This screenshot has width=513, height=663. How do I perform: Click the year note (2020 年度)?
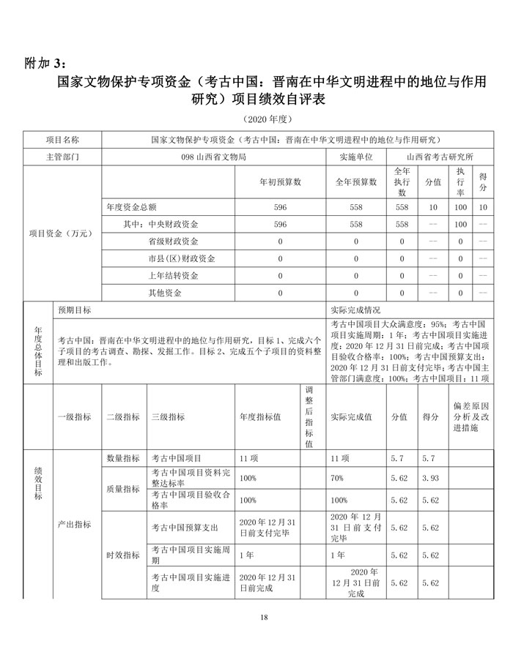[256, 119]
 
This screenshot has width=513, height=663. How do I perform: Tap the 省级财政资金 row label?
[174, 241]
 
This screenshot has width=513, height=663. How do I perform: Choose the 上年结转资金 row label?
[174, 276]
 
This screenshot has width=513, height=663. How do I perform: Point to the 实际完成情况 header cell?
[355, 310]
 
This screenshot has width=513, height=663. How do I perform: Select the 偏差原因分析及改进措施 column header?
[470, 416]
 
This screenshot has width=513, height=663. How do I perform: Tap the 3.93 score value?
[430, 478]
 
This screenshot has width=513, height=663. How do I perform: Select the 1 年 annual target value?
[248, 555]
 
